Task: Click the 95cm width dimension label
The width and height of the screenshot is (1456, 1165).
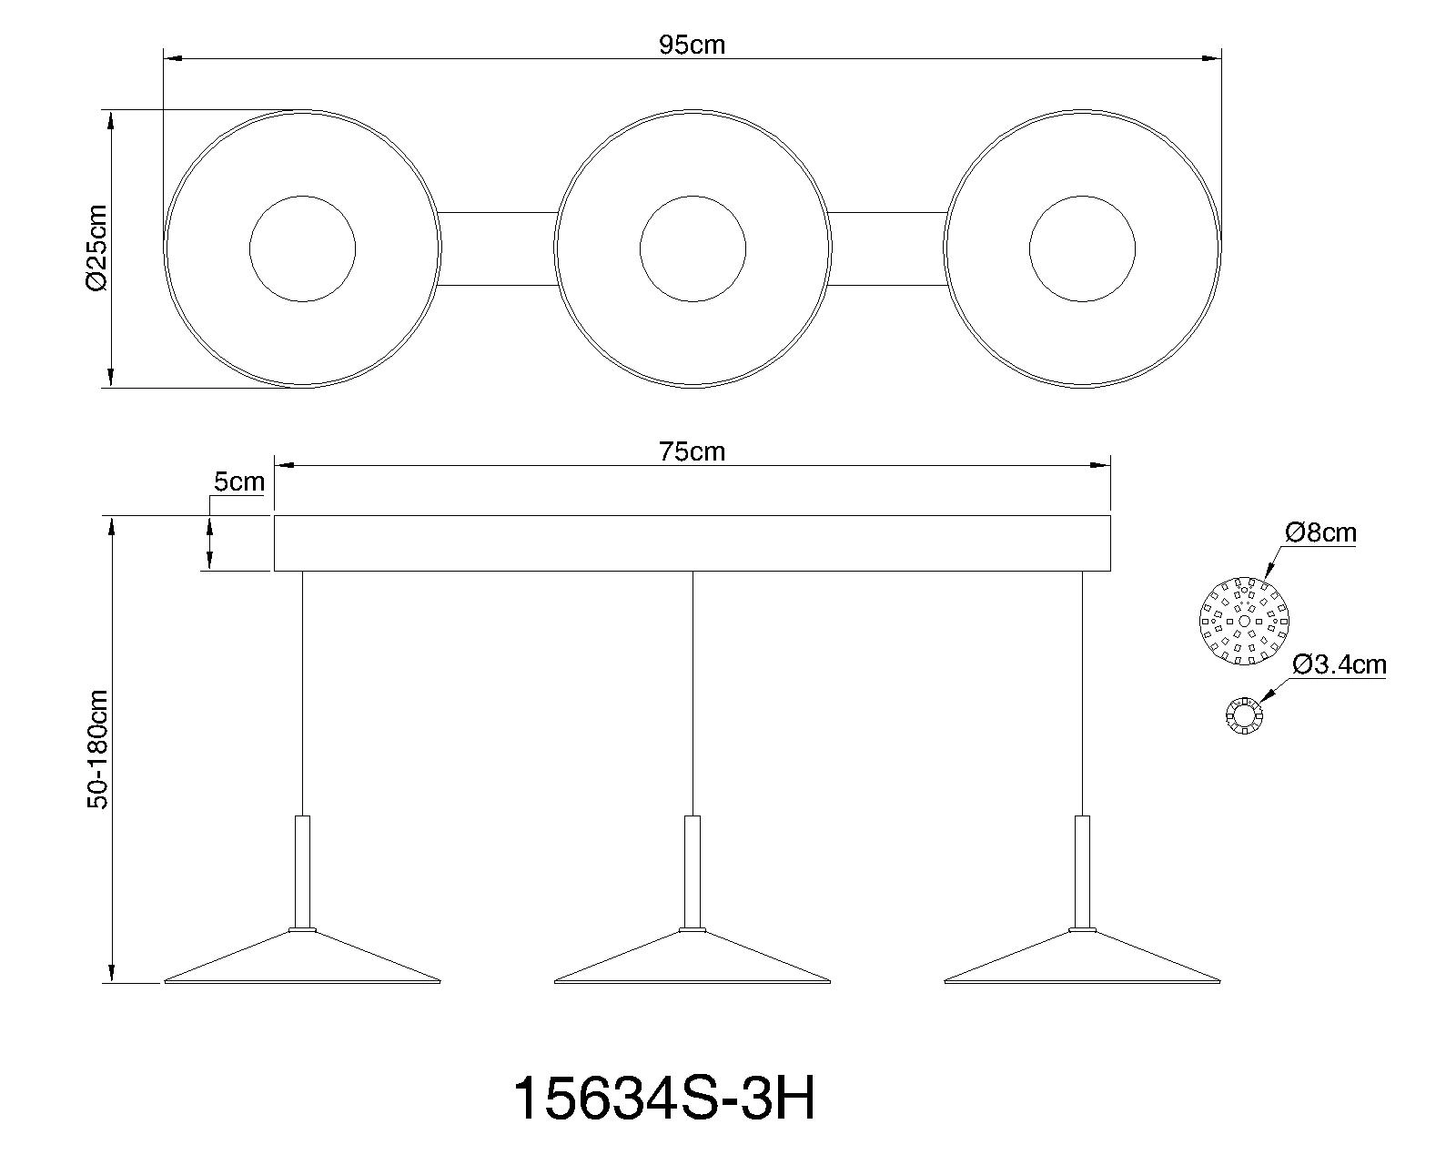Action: click(692, 45)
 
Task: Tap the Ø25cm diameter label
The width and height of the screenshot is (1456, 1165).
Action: click(96, 248)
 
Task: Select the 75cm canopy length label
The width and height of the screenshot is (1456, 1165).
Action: click(692, 451)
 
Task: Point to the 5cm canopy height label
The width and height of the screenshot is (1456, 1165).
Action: click(238, 481)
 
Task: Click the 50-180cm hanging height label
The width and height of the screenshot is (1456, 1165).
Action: click(97, 749)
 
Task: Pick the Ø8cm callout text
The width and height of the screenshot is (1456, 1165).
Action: click(1320, 533)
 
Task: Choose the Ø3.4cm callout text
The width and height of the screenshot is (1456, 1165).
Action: click(1339, 664)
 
